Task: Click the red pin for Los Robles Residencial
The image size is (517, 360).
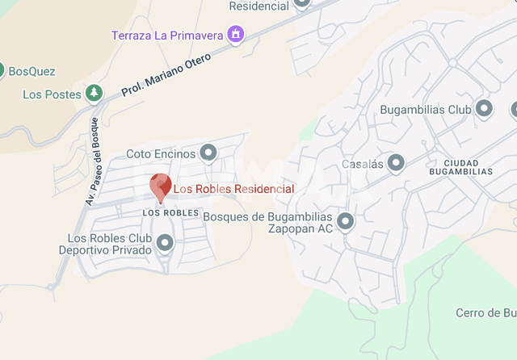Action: pyautogui.click(x=160, y=186)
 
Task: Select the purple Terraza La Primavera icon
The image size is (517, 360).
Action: pyautogui.click(x=236, y=35)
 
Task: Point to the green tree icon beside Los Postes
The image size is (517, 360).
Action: pyautogui.click(x=95, y=94)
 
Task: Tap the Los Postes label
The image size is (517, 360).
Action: pyautogui.click(x=53, y=94)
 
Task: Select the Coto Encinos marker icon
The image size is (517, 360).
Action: pyautogui.click(x=208, y=153)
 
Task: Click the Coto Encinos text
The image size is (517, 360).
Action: pyautogui.click(x=161, y=153)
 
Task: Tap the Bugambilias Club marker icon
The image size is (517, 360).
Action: pyautogui.click(x=484, y=108)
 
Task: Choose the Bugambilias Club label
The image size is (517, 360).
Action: pyautogui.click(x=425, y=109)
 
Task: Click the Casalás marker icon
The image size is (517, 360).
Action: pyautogui.click(x=396, y=163)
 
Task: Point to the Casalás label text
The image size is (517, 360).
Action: pyautogui.click(x=361, y=164)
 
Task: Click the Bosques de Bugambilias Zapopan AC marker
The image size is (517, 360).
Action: pyautogui.click(x=346, y=220)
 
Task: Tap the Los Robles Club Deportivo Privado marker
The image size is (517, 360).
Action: pyautogui.click(x=165, y=242)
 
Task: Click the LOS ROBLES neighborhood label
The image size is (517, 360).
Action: pyautogui.click(x=170, y=212)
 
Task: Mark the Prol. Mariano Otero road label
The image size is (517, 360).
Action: pyautogui.click(x=166, y=76)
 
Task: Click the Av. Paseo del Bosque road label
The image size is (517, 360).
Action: pyautogui.click(x=90, y=171)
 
